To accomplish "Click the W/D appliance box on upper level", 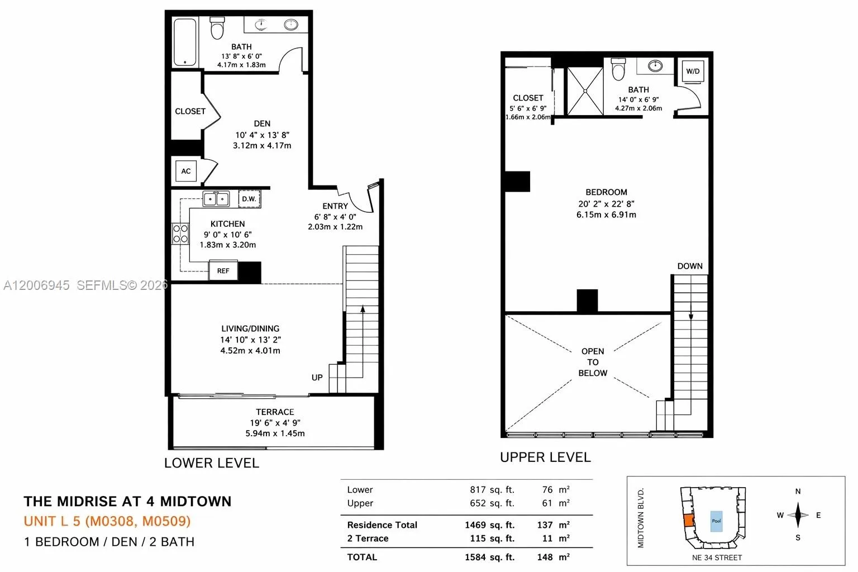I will click(x=693, y=71).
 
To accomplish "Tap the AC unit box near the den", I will click(x=186, y=171).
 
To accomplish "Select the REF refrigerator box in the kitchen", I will click(x=223, y=271).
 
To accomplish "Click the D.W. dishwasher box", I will click(x=249, y=199).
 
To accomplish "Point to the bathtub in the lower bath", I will click(x=184, y=42).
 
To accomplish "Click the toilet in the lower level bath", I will click(x=217, y=28).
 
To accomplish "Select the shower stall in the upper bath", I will click(x=585, y=91).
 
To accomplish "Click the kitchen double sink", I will click(x=216, y=198).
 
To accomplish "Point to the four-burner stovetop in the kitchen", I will click(x=180, y=233).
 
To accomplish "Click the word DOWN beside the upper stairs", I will click(x=690, y=266).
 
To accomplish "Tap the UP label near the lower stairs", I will click(x=317, y=378).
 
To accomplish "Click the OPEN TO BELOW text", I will click(x=593, y=362).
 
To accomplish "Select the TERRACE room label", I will click(x=275, y=412).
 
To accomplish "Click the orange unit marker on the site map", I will click(x=688, y=521).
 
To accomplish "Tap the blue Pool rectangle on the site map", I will click(x=716, y=521).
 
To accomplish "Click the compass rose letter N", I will click(x=798, y=492).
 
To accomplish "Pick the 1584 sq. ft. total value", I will click(x=489, y=557).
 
